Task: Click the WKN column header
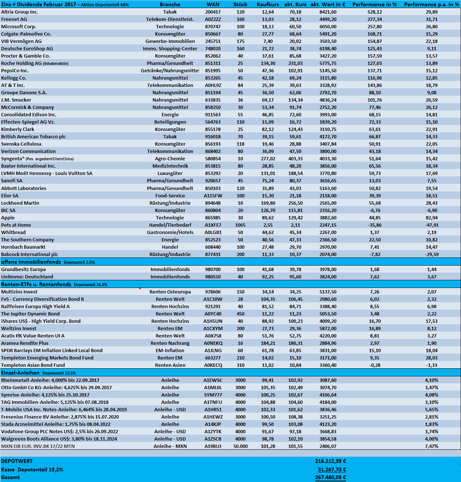(213, 4)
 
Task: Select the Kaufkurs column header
(268, 4)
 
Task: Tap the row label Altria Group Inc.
(19, 12)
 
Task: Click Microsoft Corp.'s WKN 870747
(213, 26)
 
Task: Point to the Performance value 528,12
(375, 12)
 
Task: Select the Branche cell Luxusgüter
(170, 173)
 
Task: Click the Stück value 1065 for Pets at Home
(240, 225)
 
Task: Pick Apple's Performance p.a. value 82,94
(432, 218)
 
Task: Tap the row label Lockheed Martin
(20, 203)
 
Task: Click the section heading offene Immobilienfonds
(31, 262)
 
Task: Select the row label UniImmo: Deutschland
(27, 277)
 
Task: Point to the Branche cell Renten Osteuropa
(170, 292)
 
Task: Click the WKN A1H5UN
(213, 321)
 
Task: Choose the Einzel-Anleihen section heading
(20, 373)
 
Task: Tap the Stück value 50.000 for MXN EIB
(240, 446)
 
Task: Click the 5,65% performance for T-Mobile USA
(432, 409)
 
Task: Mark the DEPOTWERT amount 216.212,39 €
(330, 461)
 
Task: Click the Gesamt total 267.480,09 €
(330, 477)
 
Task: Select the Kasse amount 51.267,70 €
(332, 470)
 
